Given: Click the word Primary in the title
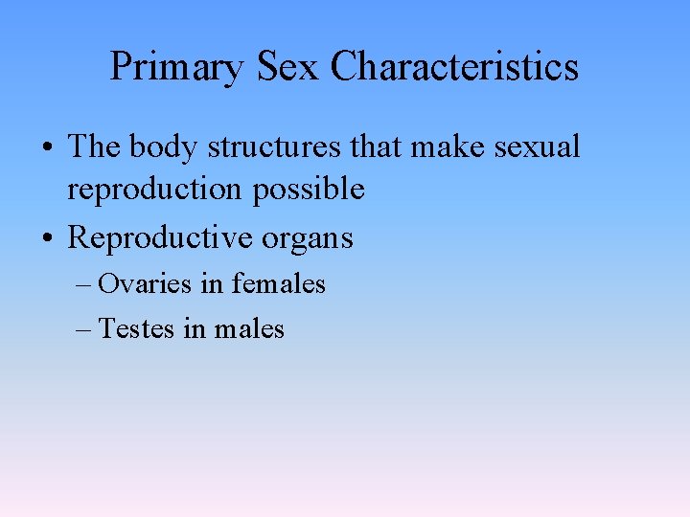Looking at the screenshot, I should point(176,68).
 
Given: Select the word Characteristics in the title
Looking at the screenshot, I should point(455,68).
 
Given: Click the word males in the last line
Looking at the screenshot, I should point(249,329).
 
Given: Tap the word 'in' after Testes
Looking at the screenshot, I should point(195,329).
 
